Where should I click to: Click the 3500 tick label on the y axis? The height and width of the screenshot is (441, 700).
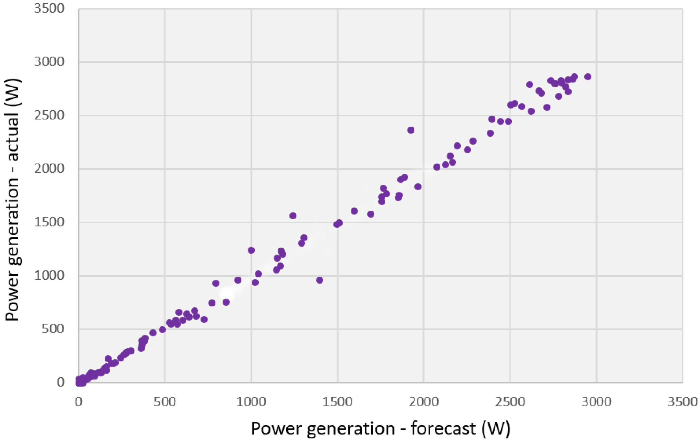(x=49, y=9)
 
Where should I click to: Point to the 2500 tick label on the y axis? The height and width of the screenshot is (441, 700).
(x=49, y=116)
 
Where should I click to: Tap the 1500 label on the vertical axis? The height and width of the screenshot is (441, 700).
(x=49, y=222)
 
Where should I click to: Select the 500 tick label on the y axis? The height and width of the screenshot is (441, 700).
(x=53, y=329)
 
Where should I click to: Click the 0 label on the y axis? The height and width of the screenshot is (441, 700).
(x=60, y=382)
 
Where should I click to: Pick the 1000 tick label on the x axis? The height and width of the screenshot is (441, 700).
(x=251, y=402)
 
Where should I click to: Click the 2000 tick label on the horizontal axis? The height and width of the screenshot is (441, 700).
(x=424, y=402)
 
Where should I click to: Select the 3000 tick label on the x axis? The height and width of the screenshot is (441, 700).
(x=596, y=402)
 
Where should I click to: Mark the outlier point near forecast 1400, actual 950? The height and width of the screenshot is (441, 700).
(x=320, y=280)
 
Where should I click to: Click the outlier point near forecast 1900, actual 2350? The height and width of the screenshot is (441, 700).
(x=411, y=130)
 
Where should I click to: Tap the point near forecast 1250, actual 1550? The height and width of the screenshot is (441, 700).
(x=293, y=215)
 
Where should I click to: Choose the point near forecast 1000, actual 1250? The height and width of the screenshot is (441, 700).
(x=251, y=250)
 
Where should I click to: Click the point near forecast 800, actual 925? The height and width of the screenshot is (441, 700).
(x=216, y=283)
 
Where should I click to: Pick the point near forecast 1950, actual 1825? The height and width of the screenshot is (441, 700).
(x=418, y=187)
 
